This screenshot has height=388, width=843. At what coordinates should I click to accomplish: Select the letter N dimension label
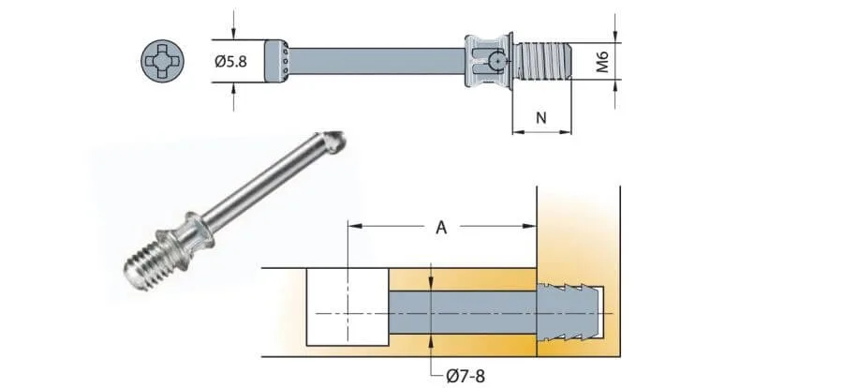[540, 118]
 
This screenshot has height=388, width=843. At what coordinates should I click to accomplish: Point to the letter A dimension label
[441, 226]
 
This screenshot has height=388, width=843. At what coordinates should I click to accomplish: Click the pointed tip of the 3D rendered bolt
[338, 141]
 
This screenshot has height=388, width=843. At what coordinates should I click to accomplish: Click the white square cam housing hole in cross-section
[348, 307]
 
